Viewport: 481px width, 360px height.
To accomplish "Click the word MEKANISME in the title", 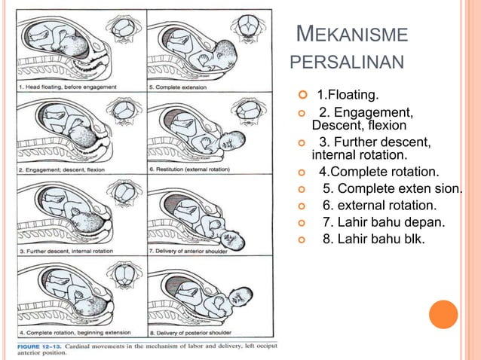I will [353, 35].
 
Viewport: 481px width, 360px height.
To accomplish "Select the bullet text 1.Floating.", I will [348, 96].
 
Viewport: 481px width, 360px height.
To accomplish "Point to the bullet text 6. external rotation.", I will [378, 206].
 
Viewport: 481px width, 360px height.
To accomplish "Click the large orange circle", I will [443, 314].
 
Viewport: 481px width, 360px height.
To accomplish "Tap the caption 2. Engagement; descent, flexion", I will [63, 169].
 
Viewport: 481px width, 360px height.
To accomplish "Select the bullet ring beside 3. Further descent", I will [303, 143].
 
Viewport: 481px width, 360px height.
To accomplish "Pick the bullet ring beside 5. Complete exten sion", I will [303, 188].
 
